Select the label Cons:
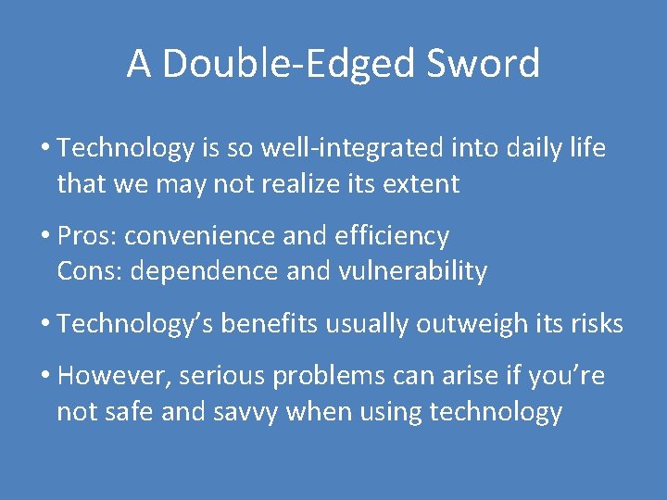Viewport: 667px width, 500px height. (89, 271)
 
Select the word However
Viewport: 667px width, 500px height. (113, 377)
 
